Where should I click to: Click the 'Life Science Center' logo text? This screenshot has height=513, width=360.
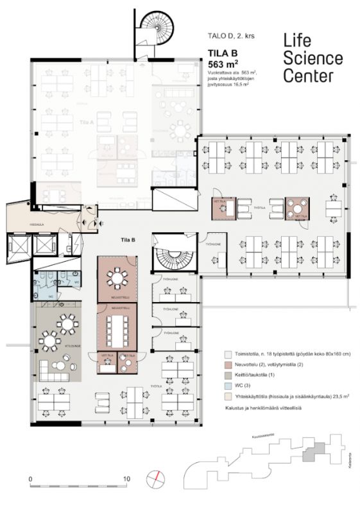click(313, 59)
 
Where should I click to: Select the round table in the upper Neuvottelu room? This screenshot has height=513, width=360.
click(117, 278)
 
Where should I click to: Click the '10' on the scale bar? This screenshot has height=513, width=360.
click(127, 478)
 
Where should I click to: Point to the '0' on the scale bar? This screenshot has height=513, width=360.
click(30, 478)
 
